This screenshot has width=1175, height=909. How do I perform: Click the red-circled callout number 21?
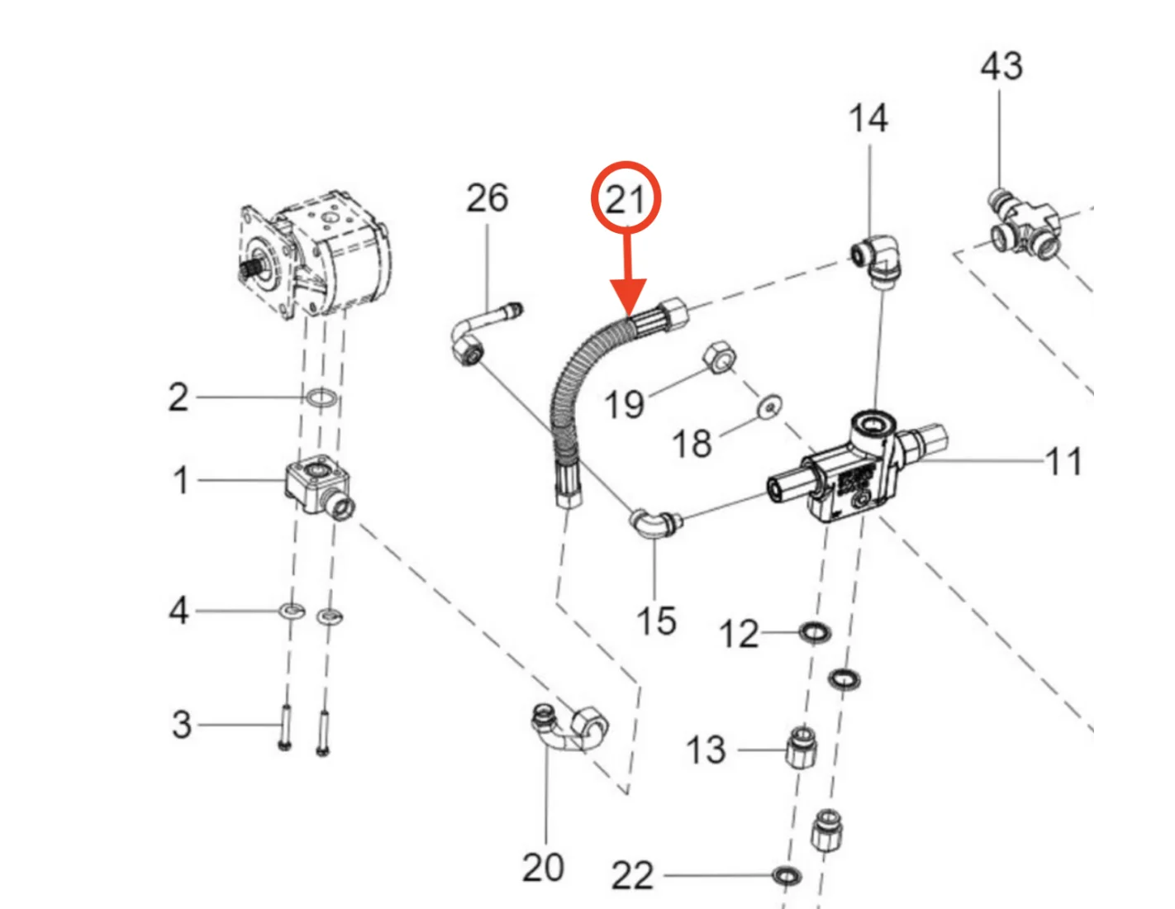pos(626,199)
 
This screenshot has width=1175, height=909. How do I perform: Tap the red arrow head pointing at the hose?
pos(627,299)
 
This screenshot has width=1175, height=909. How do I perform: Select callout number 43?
pos(1001,66)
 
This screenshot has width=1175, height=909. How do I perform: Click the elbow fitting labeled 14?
pos(880,259)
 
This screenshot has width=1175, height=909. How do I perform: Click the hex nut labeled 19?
pos(719,358)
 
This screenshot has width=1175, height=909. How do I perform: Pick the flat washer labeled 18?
pos(770,407)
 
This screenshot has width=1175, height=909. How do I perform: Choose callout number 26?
pos(487,198)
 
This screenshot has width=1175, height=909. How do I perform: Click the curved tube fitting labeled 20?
pos(568,727)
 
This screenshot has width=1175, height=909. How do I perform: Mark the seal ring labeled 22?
pos(786,874)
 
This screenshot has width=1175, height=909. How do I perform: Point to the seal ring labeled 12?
pos(814,633)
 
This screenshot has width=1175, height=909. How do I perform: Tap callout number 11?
pos(1063,462)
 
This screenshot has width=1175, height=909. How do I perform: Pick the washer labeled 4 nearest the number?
pos(291,612)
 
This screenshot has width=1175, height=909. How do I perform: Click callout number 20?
pos(543,868)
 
